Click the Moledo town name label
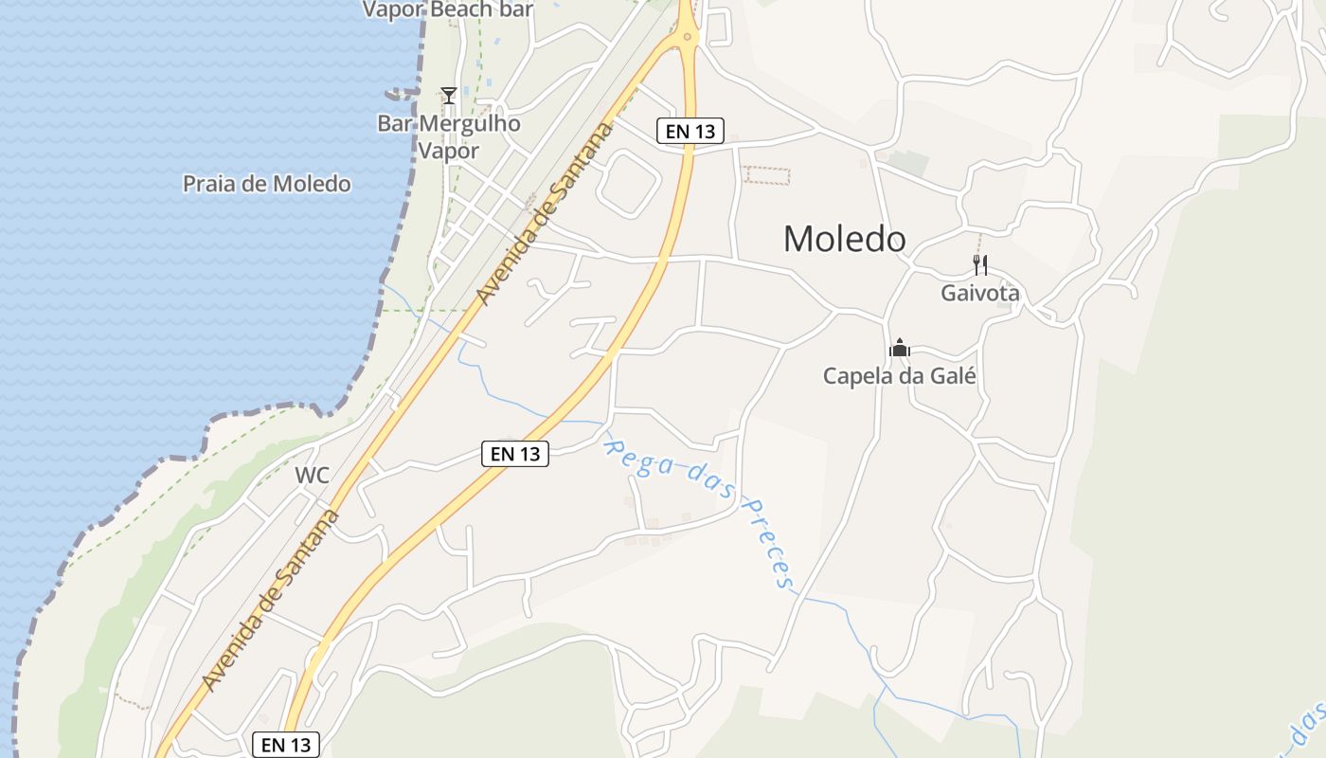coord(844,239)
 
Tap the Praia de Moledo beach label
coord(266,184)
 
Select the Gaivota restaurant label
coord(979,293)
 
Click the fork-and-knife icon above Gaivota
coord(980,265)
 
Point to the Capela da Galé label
coord(899,375)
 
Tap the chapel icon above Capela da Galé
coord(900,348)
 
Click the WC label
coord(312,476)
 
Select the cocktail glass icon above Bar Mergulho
coord(449,96)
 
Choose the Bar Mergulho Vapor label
coord(449,136)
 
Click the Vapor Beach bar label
coord(448,9)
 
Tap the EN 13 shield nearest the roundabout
coord(690,132)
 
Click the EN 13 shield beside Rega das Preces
coord(515,454)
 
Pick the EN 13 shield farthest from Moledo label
coord(287,745)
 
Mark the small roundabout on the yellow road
coord(687,37)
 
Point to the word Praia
coord(208,184)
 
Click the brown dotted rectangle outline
coord(766,175)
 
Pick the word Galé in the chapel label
coord(954,375)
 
